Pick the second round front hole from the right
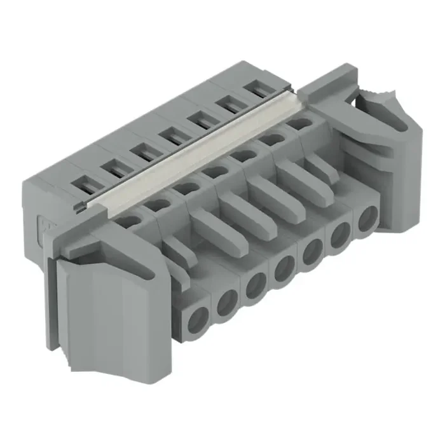[339, 236]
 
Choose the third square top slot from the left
[143, 151]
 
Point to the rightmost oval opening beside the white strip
[299, 123]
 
